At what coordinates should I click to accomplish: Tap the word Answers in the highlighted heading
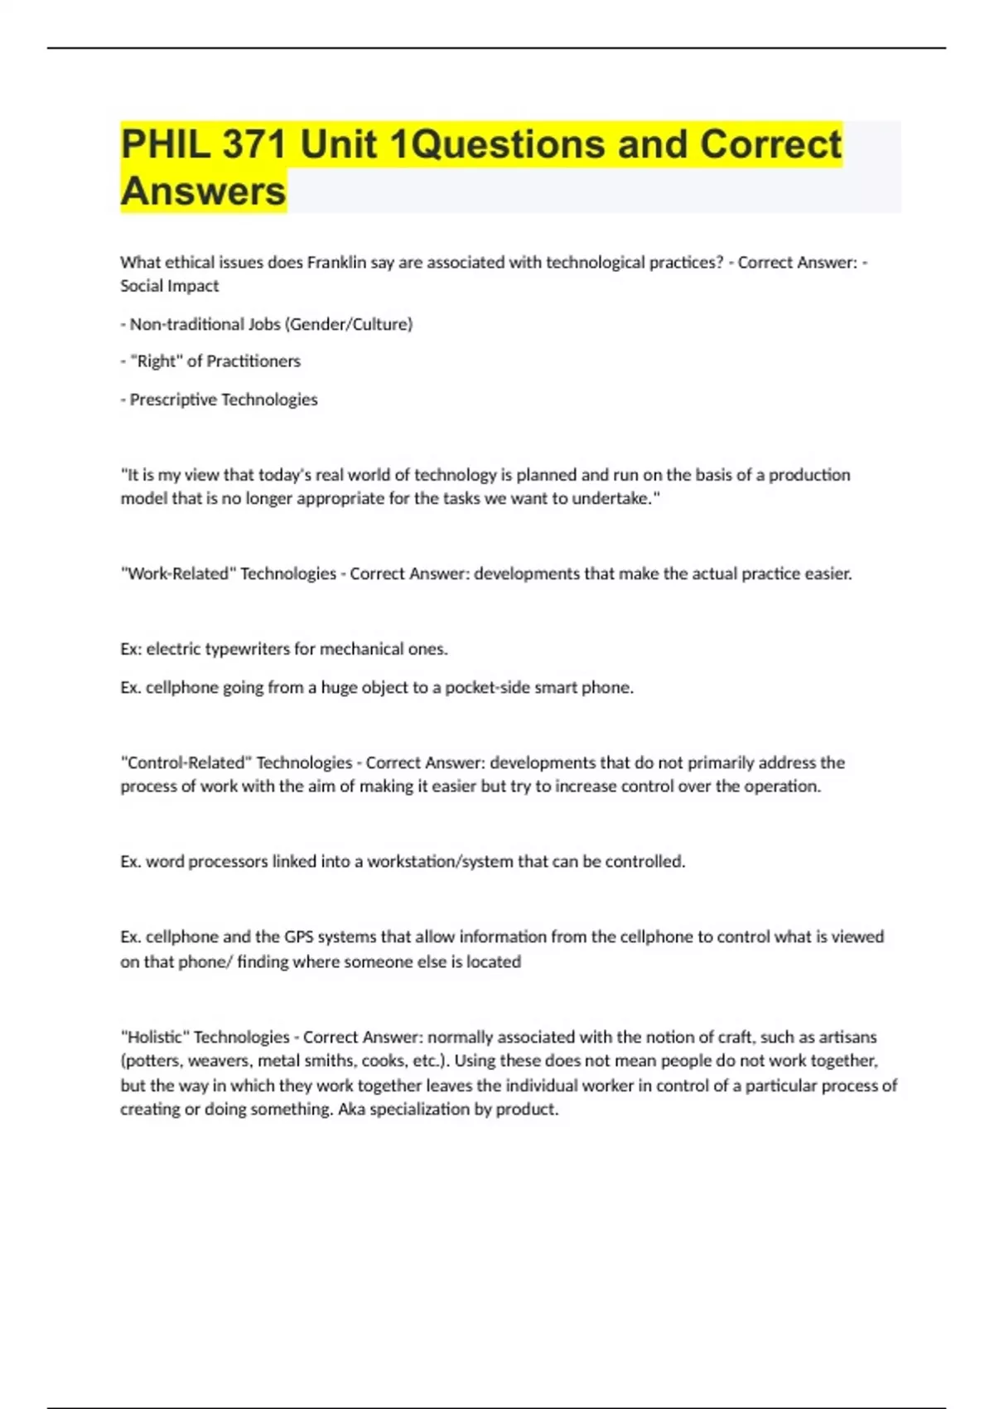click(203, 191)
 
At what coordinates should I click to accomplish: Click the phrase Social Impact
click(170, 286)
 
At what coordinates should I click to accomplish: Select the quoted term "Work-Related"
click(178, 574)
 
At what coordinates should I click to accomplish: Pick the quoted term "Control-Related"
click(186, 763)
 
